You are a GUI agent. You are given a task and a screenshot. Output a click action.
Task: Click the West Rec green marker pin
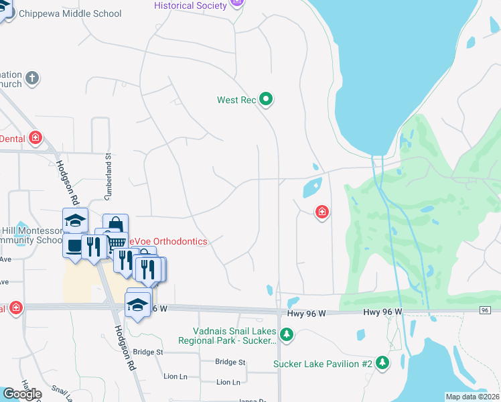pos(266,100)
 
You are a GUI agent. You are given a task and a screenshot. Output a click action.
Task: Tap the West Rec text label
pos(236,100)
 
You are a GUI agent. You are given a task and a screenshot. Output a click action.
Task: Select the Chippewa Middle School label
pos(70,13)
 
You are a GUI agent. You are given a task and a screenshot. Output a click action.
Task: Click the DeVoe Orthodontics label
pos(167,241)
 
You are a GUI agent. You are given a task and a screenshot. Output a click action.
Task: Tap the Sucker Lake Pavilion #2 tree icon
pos(382,363)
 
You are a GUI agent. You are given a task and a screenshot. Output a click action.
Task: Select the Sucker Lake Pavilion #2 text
pos(322,364)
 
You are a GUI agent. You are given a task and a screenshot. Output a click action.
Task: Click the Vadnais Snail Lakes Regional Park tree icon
pos(287,334)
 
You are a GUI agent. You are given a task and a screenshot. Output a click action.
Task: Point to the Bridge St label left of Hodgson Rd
pos(148,352)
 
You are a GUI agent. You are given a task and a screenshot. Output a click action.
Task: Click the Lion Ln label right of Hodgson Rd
pos(228,382)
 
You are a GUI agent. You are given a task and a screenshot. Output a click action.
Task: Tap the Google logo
pos(22,394)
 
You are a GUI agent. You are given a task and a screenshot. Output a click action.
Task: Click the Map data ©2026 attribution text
pos(473,397)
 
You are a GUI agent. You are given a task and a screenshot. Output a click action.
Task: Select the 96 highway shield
pos(486,310)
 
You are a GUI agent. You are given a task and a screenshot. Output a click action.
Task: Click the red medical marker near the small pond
pos(322,212)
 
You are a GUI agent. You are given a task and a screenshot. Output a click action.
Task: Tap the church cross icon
pos(31,79)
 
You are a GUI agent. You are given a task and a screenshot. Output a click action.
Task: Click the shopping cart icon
pos(117,242)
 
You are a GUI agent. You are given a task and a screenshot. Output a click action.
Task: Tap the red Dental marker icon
pos(35,139)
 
